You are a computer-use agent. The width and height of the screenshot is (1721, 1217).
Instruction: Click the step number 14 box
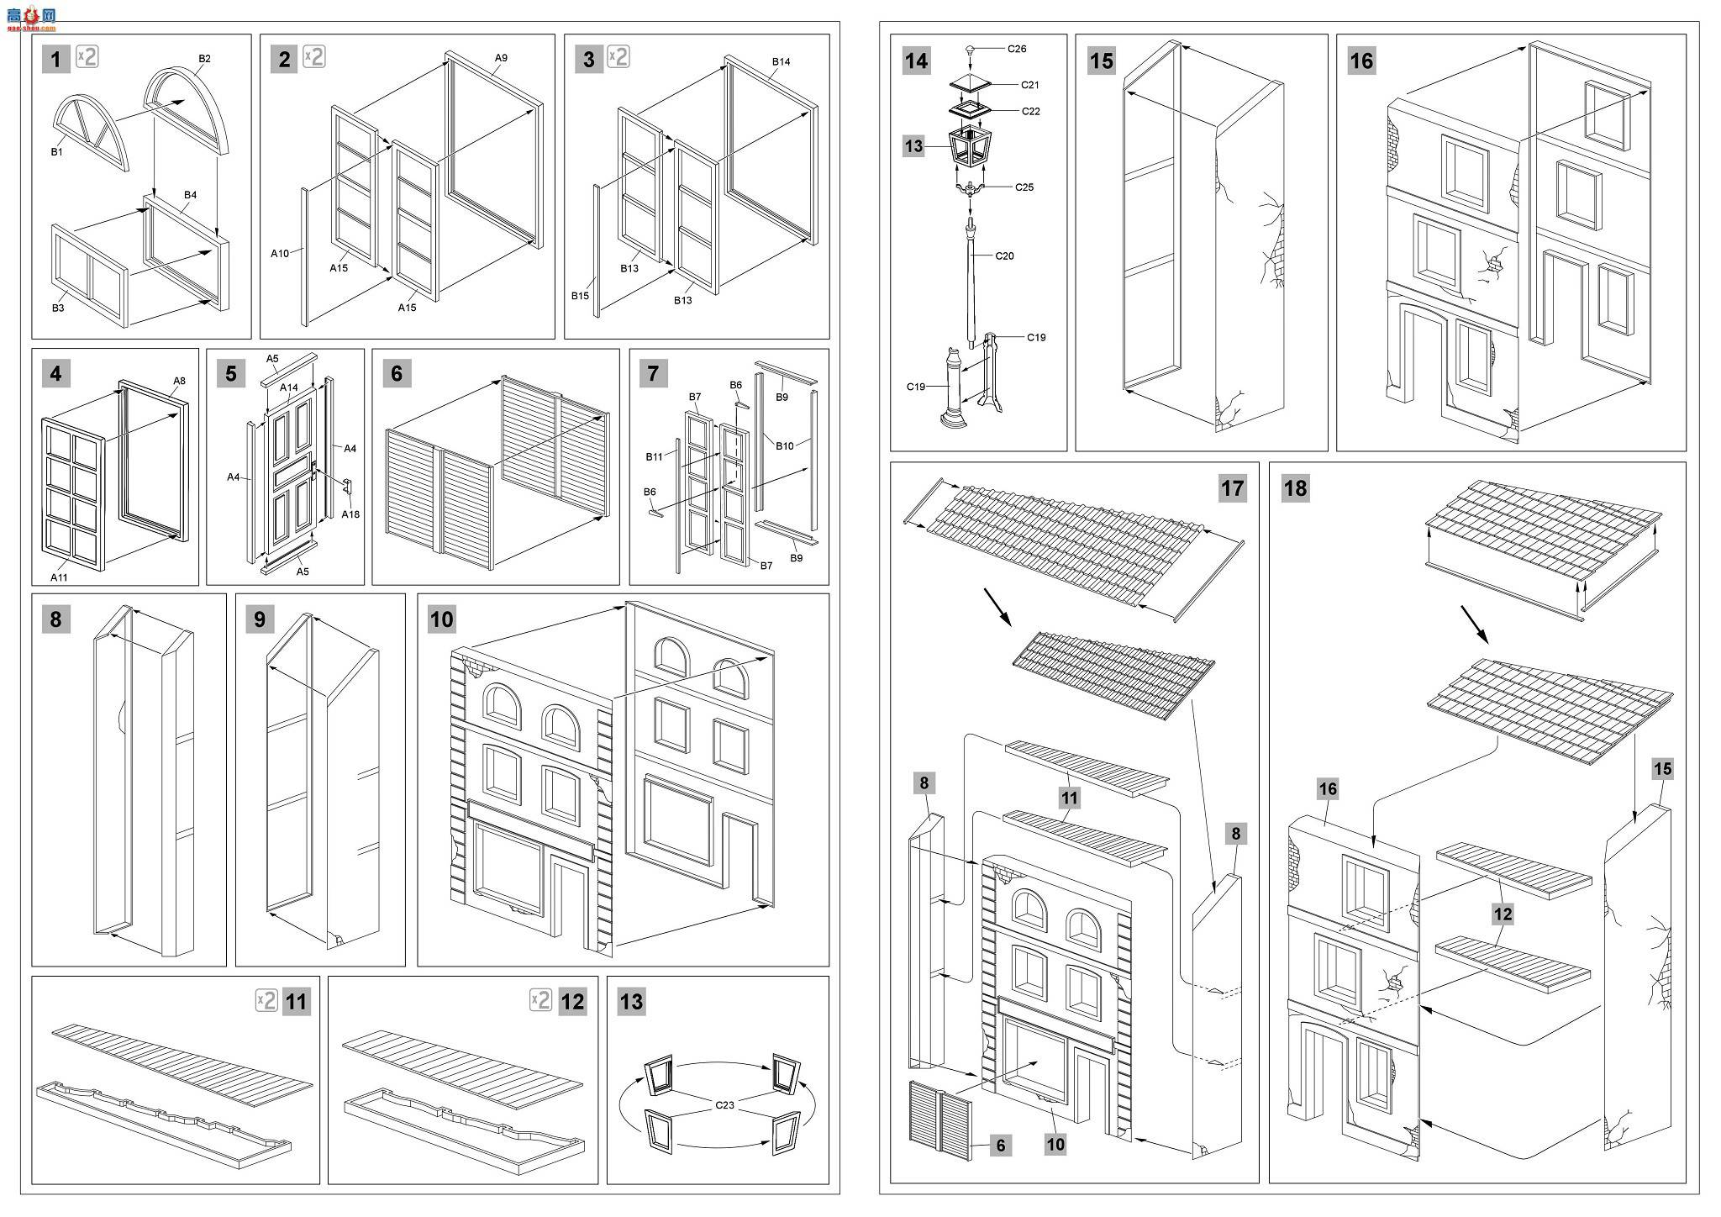click(916, 61)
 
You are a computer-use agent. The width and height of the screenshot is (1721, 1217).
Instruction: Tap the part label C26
click(1017, 49)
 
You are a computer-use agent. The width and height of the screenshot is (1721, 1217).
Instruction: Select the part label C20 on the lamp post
click(1004, 256)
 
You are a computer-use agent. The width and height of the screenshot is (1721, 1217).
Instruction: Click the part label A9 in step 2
click(501, 58)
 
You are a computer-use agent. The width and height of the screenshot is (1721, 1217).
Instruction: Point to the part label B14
click(781, 61)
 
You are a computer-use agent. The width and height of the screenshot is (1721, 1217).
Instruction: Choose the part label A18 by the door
click(350, 514)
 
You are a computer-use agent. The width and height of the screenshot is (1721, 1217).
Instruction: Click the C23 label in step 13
click(724, 1105)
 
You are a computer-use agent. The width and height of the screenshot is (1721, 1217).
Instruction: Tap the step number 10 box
click(441, 619)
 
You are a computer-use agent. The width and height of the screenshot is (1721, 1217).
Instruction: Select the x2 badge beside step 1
click(87, 57)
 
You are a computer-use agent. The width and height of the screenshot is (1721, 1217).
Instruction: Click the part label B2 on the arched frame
click(204, 58)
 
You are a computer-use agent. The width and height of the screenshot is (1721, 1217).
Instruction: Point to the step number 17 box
click(1232, 488)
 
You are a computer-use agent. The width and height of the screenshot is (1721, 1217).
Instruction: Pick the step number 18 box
click(1295, 488)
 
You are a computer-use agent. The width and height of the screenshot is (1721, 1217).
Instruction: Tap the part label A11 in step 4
click(59, 577)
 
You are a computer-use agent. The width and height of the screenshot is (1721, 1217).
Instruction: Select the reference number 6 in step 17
click(1000, 1145)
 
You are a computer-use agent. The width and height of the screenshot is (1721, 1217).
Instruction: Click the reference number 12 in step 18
click(1503, 914)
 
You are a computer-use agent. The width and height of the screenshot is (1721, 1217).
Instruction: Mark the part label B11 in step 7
click(655, 456)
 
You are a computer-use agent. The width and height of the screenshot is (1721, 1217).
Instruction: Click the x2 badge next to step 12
click(540, 999)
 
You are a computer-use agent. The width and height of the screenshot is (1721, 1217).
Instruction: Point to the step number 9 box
click(260, 619)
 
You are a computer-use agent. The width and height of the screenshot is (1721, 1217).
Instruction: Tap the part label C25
click(1024, 187)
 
